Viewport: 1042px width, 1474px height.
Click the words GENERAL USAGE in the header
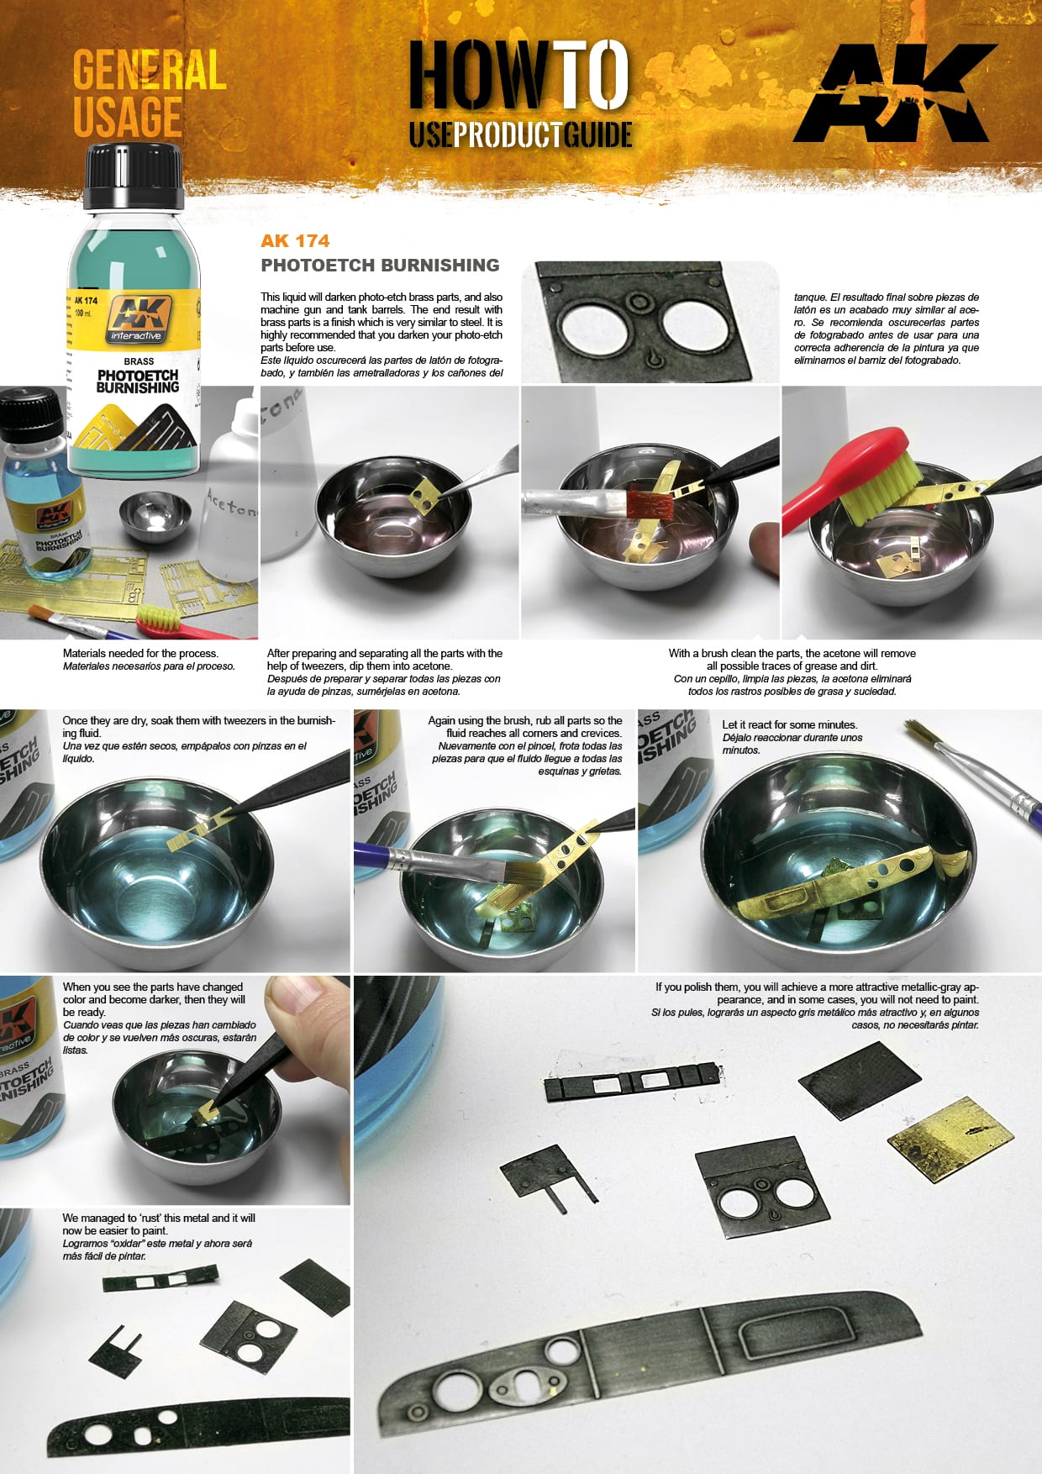pyautogui.click(x=149, y=92)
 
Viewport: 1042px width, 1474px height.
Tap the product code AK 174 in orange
pyautogui.click(x=294, y=241)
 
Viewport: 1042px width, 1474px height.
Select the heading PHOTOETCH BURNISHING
pyautogui.click(x=380, y=266)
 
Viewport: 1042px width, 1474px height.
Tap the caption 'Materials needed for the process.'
pyautogui.click(x=140, y=654)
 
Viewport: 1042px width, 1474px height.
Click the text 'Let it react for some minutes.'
pyautogui.click(x=789, y=724)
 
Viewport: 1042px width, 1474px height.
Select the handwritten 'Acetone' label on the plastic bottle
pyautogui.click(x=232, y=504)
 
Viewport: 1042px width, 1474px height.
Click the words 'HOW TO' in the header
pyautogui.click(x=518, y=76)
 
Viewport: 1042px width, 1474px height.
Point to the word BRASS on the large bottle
pyautogui.click(x=138, y=361)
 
